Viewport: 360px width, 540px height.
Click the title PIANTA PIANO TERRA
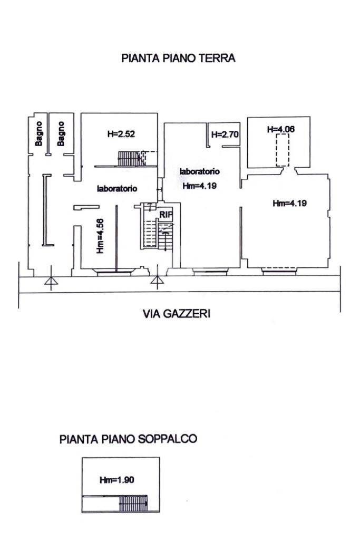pyautogui.click(x=178, y=59)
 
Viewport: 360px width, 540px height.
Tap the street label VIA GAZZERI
pyautogui.click(x=177, y=314)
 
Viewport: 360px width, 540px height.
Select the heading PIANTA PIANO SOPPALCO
pyautogui.click(x=129, y=439)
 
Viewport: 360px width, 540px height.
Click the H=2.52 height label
pyautogui.click(x=121, y=134)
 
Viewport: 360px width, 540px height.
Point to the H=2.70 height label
pyautogui.click(x=225, y=134)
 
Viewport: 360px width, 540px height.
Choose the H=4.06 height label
pyautogui.click(x=280, y=129)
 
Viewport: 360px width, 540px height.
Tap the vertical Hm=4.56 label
pyautogui.click(x=101, y=237)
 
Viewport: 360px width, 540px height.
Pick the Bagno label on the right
pyautogui.click(x=61, y=134)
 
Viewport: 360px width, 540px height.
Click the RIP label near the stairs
pyautogui.click(x=167, y=214)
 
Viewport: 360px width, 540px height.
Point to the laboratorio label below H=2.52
pyautogui.click(x=117, y=188)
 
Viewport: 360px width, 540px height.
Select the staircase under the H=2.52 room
pyautogui.click(x=128, y=158)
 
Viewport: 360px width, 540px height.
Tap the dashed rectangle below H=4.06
pyautogui.click(x=283, y=150)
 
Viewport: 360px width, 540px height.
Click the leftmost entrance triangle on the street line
pyautogui.click(x=51, y=283)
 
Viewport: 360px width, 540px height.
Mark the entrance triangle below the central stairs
pyautogui.click(x=157, y=280)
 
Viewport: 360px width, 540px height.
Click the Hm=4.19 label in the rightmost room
pyautogui.click(x=289, y=203)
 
